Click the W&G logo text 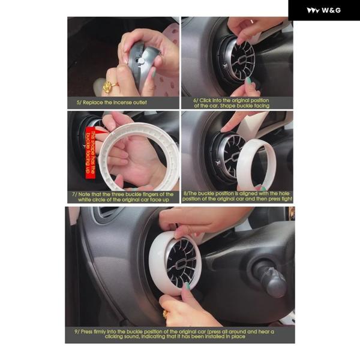coord(331,10)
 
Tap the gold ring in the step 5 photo coord(110,87)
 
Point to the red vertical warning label coord(90,152)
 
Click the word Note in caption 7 coord(84,194)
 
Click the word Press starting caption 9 coord(86,332)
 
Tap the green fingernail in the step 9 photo coord(188,286)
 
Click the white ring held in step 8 coord(255,163)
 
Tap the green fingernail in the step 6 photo coord(248,80)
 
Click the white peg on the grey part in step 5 coord(142,61)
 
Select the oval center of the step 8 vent coord(234,157)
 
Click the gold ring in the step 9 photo coord(165,314)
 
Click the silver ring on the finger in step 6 coord(251,22)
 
